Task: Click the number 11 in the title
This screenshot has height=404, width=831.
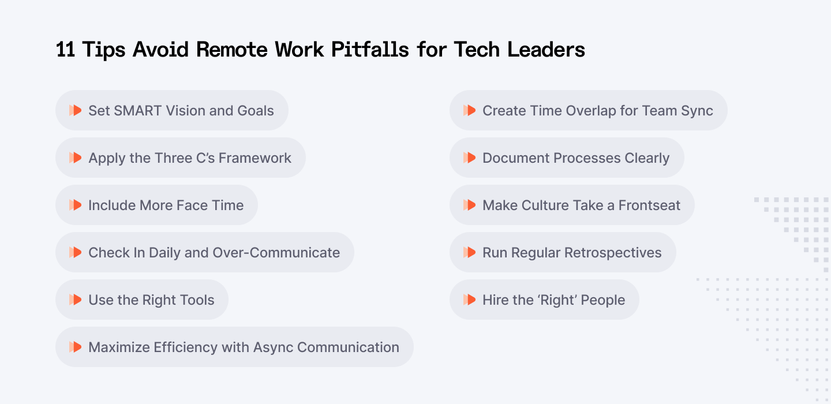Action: pos(66,50)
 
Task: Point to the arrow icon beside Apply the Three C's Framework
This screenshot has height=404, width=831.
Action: pos(75,158)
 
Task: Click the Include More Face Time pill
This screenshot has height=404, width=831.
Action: pos(156,205)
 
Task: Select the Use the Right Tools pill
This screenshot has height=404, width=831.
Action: pos(142,300)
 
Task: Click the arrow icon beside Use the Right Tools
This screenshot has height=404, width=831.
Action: pos(75,300)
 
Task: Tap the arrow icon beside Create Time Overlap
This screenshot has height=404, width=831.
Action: pos(469,110)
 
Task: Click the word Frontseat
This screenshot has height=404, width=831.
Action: pos(649,205)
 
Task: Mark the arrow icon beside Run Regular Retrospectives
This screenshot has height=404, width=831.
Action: pos(469,252)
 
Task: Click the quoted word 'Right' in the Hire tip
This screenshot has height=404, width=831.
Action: pos(557,300)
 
